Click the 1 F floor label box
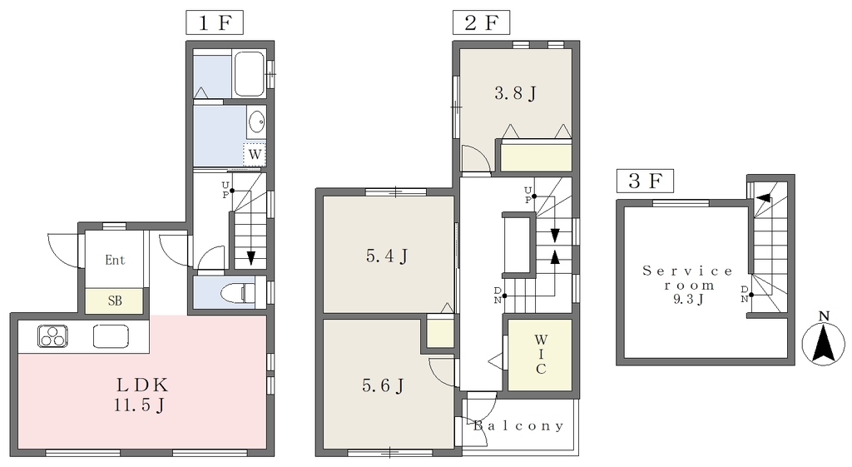[x=214, y=22]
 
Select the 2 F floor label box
[x=481, y=22]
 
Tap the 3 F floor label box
[x=645, y=181]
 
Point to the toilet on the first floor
[x=239, y=293]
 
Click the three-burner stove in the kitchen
[x=52, y=336]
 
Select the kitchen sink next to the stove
[x=111, y=336]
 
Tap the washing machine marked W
[x=255, y=154]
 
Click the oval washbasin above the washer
[x=256, y=121]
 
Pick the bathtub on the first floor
[x=249, y=74]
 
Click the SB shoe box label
[x=115, y=301]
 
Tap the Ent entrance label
[x=115, y=260]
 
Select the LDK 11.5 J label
[x=141, y=395]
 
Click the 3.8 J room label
[x=515, y=93]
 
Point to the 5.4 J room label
[x=387, y=256]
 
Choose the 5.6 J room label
[x=383, y=386]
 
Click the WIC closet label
[x=541, y=355]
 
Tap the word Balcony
[x=518, y=425]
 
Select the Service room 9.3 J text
[x=687, y=285]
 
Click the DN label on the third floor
[x=745, y=294]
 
